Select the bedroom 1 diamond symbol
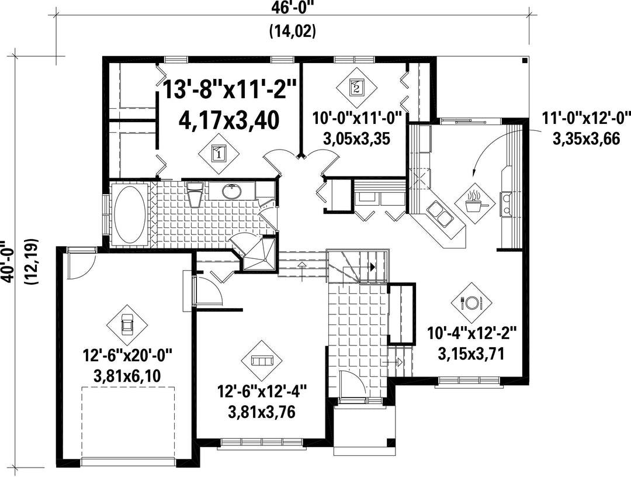pyautogui.click(x=219, y=153)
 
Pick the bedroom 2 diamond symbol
pyautogui.click(x=356, y=87)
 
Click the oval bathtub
pyautogui.click(x=130, y=214)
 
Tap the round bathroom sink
pyautogui.click(x=232, y=192)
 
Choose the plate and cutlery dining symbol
pyautogui.click(x=471, y=302)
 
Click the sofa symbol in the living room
pyautogui.click(x=262, y=360)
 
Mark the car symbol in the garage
pyautogui.click(x=127, y=325)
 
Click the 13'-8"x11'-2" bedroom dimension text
pyautogui.click(x=230, y=89)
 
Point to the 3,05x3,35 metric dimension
pyautogui.click(x=356, y=139)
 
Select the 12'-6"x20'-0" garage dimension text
pyautogui.click(x=127, y=356)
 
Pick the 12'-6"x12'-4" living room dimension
pyautogui.click(x=262, y=392)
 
